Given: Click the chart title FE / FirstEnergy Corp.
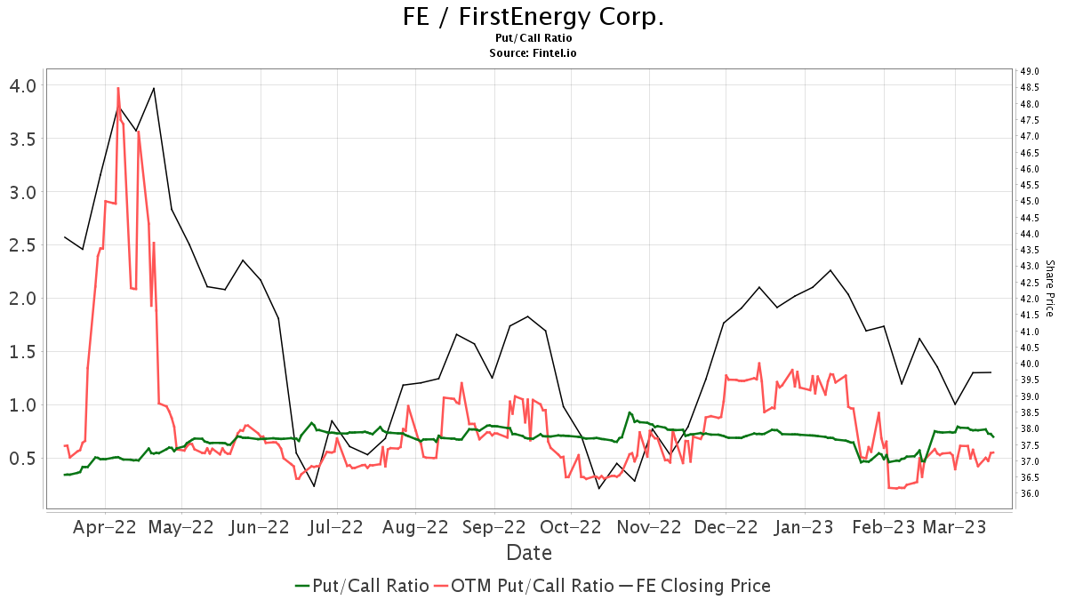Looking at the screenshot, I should tap(533, 17).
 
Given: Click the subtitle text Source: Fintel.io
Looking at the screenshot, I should tap(533, 53).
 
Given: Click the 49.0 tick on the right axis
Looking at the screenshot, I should tap(1031, 71).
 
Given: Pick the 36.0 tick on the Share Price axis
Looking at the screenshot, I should tap(1031, 493).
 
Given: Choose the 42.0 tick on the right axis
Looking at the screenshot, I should tap(1031, 299).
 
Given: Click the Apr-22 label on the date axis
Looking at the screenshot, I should tap(105, 527).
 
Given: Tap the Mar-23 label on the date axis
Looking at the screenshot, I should tap(955, 527).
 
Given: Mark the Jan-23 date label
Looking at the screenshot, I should tap(805, 527).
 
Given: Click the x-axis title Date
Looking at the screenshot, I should tap(529, 553).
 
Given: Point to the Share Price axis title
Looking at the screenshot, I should tap(1049, 288).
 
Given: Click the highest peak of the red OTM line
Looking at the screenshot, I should tap(118, 88).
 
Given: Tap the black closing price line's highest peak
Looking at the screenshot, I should tap(154, 88).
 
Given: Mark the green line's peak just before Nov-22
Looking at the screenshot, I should tap(630, 412).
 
